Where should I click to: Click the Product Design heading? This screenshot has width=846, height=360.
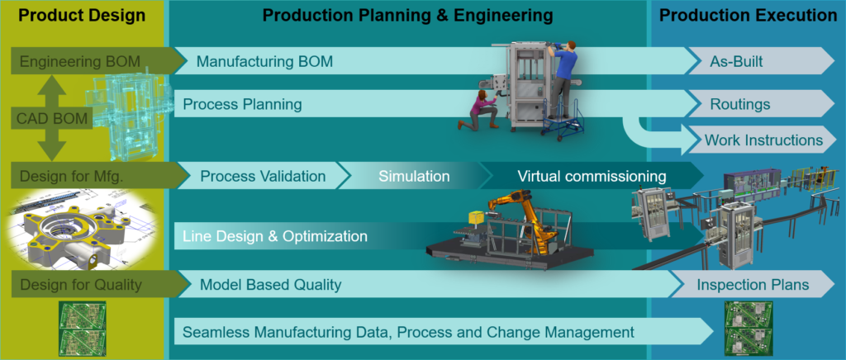[82, 15]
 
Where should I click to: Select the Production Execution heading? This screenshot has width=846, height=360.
[748, 15]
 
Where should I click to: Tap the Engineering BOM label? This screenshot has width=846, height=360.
[80, 61]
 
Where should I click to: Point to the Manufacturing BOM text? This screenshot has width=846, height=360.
[264, 61]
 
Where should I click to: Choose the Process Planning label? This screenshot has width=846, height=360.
[242, 103]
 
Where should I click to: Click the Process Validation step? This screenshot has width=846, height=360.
[264, 176]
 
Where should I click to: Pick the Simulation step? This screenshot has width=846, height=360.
[414, 176]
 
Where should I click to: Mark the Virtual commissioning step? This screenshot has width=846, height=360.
[592, 176]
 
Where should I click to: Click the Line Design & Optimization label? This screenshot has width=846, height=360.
[275, 236]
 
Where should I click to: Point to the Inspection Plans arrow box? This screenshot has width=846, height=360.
[753, 284]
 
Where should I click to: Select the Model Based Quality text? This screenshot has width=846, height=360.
[270, 285]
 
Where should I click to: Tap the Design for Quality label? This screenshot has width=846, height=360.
[80, 285]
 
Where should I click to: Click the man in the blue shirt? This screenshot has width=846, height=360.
[562, 78]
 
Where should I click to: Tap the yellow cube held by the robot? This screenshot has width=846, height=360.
[475, 216]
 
